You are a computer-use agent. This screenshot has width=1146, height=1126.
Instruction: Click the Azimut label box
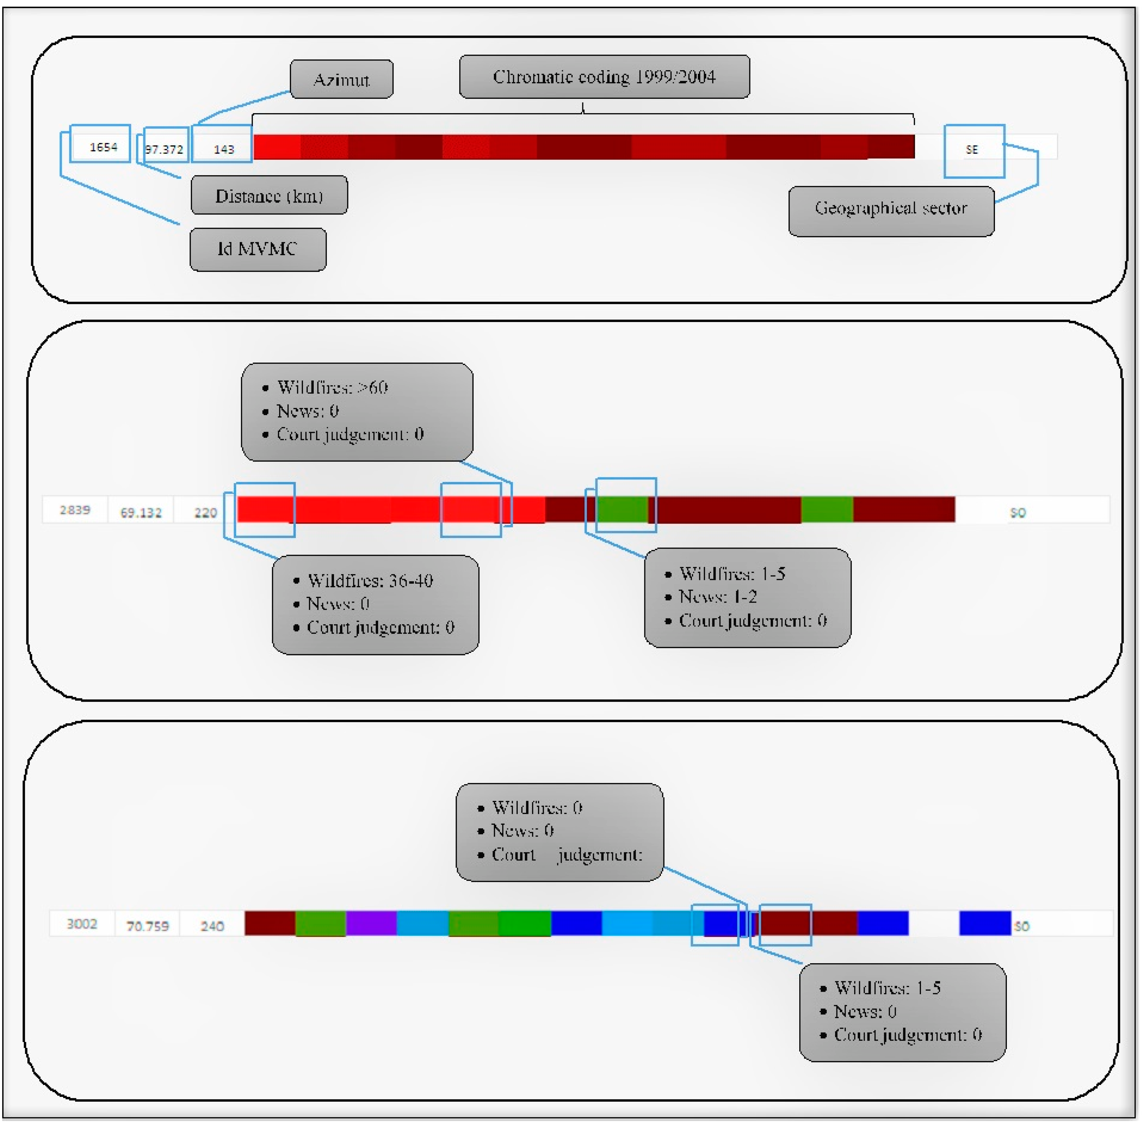tap(341, 79)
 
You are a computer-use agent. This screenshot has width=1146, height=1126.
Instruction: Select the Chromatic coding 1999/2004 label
tap(604, 77)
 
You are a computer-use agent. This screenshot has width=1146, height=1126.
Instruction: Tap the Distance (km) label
tap(269, 195)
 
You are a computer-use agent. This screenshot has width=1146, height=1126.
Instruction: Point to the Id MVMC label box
tap(258, 249)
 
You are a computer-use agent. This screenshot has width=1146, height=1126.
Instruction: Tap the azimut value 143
tap(224, 149)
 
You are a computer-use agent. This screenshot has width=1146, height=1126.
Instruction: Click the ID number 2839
tap(75, 510)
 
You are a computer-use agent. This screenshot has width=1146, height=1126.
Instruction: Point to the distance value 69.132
tap(141, 512)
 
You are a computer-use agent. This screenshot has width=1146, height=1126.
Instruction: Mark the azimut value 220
tap(206, 512)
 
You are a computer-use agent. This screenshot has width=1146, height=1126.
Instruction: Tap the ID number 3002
tap(81, 924)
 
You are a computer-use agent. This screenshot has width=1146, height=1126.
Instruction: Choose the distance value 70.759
tap(147, 925)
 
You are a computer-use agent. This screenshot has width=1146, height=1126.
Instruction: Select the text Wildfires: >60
tap(332, 387)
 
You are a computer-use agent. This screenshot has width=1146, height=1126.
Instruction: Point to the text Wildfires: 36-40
tap(370, 580)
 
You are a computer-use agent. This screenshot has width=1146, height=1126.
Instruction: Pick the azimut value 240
tap(211, 925)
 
